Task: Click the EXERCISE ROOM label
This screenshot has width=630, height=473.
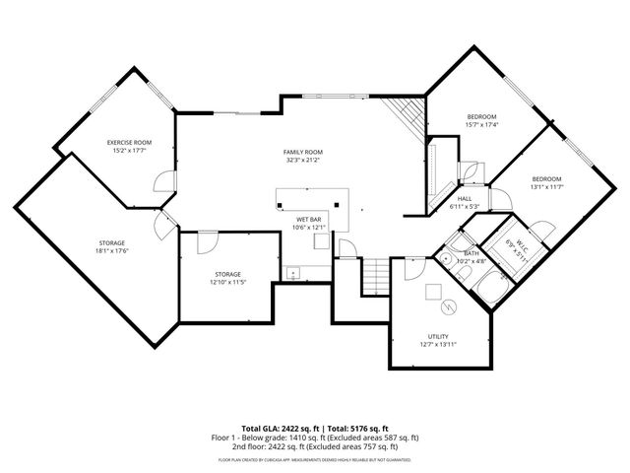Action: (x=129, y=143)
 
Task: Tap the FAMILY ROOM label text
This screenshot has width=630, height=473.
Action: (x=303, y=152)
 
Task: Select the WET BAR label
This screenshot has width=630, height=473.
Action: (x=310, y=219)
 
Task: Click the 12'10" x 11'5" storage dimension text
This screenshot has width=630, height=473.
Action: (x=227, y=283)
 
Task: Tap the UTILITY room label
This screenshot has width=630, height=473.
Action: (x=438, y=336)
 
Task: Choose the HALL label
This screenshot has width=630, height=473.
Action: (x=464, y=198)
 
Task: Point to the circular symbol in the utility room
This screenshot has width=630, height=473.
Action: (x=449, y=307)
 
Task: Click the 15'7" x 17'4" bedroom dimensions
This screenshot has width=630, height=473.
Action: (x=481, y=125)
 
